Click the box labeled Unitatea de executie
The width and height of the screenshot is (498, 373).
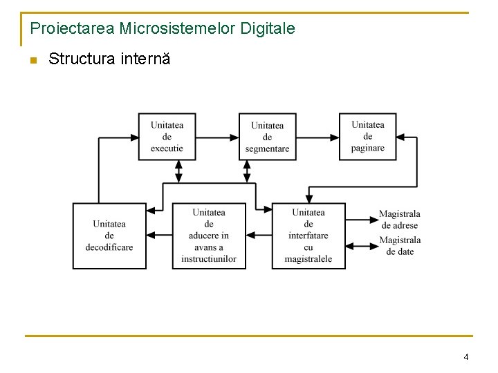tap(167, 137)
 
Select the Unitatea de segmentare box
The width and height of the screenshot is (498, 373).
tap(267, 137)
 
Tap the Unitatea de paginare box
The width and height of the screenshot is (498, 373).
tap(367, 137)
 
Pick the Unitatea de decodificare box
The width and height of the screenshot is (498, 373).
tap(109, 236)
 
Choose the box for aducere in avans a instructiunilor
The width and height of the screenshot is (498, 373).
tap(209, 236)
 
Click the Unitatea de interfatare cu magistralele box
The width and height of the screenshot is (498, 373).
tap(308, 236)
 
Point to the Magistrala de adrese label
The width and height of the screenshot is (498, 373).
tap(399, 220)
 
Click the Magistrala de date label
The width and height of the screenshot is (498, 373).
tap(399, 246)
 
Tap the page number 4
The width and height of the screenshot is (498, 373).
tap(465, 357)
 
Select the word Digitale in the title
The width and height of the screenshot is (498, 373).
tap(268, 29)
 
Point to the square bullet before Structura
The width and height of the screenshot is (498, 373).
tap(33, 60)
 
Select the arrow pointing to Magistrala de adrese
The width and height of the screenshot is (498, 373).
tap(361, 220)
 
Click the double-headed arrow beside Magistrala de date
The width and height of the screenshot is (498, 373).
tap(361, 245)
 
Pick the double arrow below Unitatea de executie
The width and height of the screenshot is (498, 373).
tap(178, 171)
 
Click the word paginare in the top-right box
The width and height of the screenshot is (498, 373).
tap(367, 149)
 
